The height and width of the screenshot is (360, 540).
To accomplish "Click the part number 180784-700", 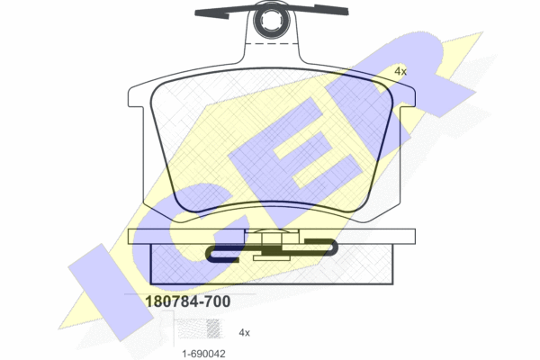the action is (188, 301).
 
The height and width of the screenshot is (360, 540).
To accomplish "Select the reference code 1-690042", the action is (204, 354).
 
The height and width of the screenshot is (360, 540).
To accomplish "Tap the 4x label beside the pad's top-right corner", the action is (400, 72).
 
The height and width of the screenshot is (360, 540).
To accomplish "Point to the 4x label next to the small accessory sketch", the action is (244, 332).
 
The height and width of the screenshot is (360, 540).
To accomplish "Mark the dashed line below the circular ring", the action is (272, 44).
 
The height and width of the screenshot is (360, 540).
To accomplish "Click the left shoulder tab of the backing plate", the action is (135, 96).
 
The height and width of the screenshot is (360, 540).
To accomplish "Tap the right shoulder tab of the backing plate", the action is (408, 96).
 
